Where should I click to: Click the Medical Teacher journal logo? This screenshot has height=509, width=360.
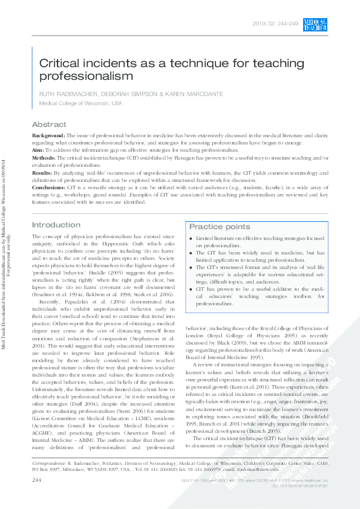(315, 25)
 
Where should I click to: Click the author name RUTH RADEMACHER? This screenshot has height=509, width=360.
(65, 94)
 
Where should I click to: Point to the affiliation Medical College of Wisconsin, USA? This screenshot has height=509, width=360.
(80, 103)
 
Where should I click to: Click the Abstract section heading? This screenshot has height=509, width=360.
(49, 125)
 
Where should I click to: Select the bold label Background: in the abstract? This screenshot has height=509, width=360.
(48, 136)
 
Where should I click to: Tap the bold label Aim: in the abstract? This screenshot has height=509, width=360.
(38, 149)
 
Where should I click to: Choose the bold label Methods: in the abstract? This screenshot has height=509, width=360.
(44, 157)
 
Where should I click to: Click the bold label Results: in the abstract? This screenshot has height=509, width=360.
(42, 172)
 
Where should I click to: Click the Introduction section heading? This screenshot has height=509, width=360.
(56, 225)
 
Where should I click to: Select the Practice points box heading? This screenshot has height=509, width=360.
(219, 227)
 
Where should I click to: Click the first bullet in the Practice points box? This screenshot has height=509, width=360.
(192, 239)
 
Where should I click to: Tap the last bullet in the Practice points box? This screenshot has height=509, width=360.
(192, 290)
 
